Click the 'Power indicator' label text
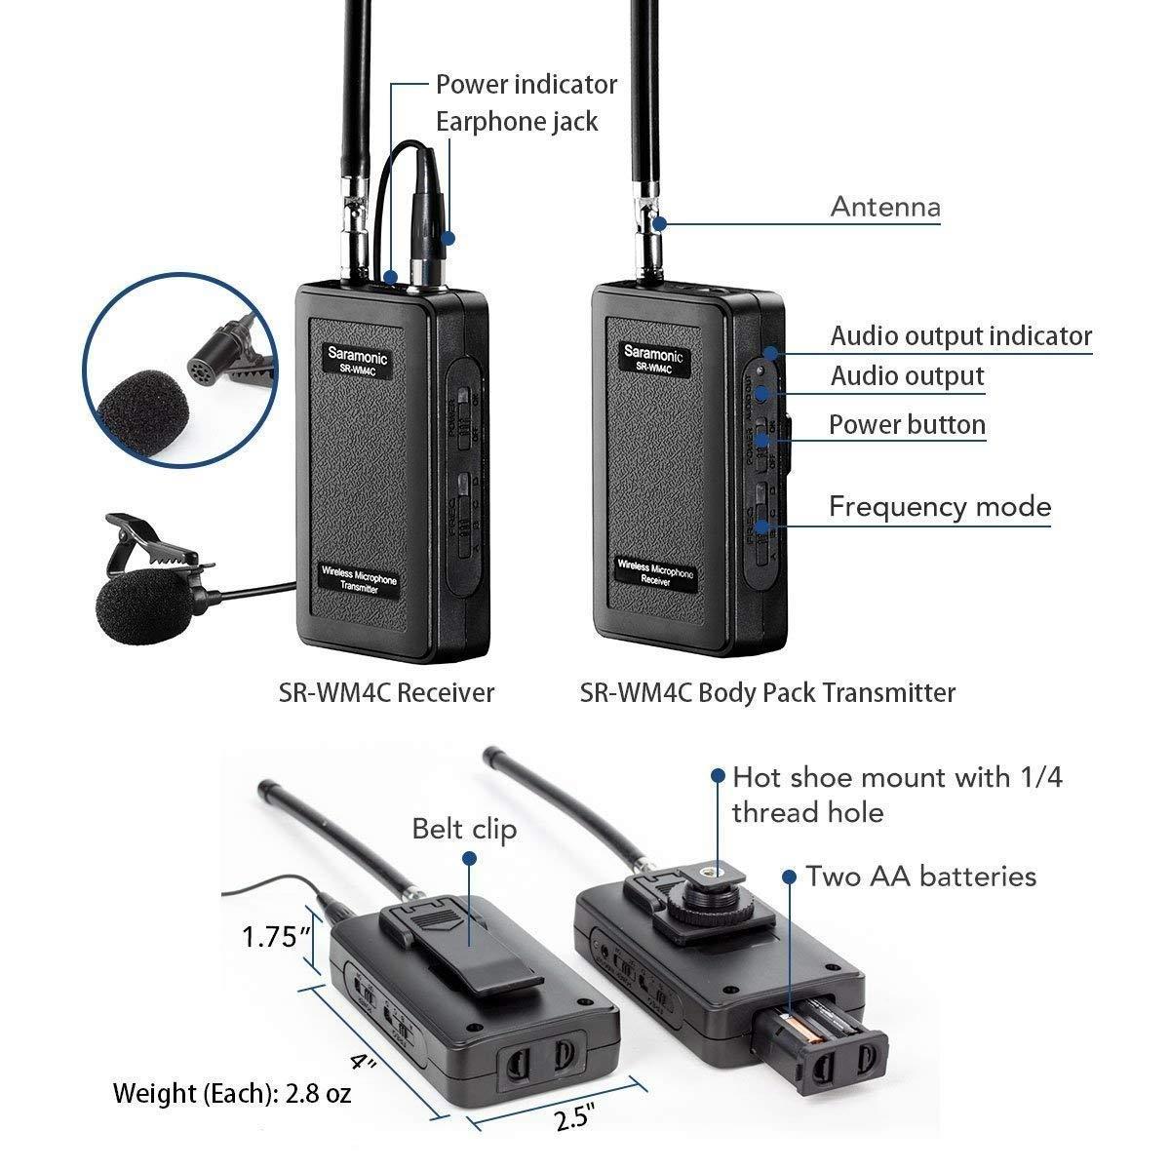[526, 84]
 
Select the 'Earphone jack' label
[516, 122]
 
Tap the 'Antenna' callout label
[884, 207]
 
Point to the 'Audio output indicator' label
[960, 335]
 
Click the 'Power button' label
[907, 425]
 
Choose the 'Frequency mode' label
[939, 507]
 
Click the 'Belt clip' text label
[463, 829]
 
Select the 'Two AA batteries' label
[920, 876]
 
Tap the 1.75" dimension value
[276, 937]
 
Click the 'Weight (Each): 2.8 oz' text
[232, 1093]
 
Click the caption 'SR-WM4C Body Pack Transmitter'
[767, 692]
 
